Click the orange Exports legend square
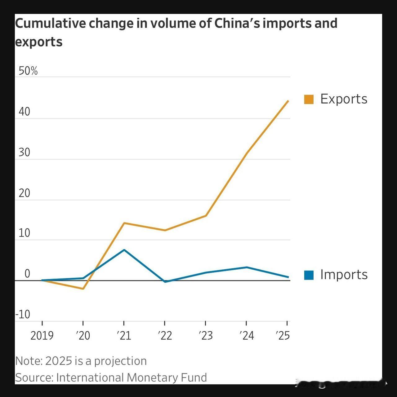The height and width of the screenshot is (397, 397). click(x=309, y=99)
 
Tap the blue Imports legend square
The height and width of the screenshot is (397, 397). click(x=309, y=275)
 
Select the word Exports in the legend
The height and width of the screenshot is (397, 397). click(x=344, y=99)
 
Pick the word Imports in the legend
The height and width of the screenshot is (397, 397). click(x=344, y=275)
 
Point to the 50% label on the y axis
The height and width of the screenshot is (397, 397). click(x=28, y=71)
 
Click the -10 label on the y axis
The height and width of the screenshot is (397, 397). click(x=23, y=315)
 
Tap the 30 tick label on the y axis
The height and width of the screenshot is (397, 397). click(x=24, y=152)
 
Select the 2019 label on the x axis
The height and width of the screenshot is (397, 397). click(x=42, y=336)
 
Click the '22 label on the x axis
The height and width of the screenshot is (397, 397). click(x=165, y=336)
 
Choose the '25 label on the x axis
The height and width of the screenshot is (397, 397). click(x=283, y=336)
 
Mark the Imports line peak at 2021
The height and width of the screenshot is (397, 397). click(x=124, y=250)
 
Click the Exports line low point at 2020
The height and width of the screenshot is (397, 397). click(x=83, y=289)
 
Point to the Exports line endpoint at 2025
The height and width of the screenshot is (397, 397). click(x=288, y=101)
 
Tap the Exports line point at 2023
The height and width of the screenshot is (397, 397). click(x=206, y=216)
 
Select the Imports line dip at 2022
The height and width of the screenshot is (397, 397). click(x=165, y=282)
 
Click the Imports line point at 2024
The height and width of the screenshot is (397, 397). click(x=247, y=267)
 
